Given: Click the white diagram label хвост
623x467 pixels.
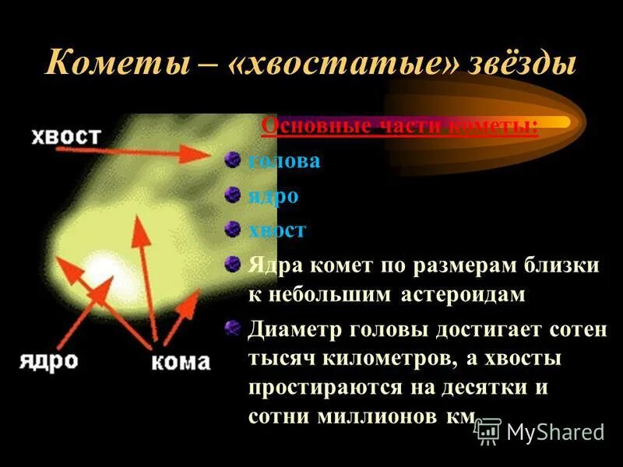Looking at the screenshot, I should pos(66,136).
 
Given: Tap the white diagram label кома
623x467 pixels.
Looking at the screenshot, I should pos(180,362).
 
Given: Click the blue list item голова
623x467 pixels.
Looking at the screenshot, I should pos(283,161).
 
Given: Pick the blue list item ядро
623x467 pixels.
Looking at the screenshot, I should pos(273,195).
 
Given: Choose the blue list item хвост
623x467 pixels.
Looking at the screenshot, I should pos(277,230).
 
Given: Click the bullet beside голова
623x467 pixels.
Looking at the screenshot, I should pos(232,160).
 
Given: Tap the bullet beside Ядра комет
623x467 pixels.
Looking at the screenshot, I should pos(232,265).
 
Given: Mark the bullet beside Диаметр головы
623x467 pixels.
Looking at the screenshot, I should pos(232,328).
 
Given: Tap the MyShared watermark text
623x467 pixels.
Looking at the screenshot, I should pos(555,431).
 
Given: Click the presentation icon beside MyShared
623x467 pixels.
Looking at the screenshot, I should pos(488,430).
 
